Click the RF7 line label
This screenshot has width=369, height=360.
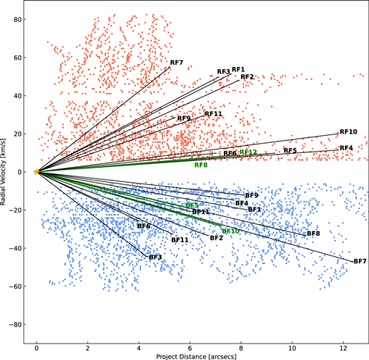point(176,62)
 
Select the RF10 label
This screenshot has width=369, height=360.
point(347,132)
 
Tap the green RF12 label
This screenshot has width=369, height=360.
point(248,152)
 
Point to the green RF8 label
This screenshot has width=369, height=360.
point(200,166)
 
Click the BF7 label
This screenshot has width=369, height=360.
point(360,262)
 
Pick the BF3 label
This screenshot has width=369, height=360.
point(155,257)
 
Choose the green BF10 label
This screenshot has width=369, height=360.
point(230,231)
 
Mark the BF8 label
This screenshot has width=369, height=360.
point(313,233)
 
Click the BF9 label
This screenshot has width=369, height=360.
point(251,195)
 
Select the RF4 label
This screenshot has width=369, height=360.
point(346,148)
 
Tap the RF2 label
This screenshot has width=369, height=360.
point(247,77)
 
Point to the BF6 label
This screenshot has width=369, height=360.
point(144,226)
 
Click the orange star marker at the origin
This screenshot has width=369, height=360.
point(36,171)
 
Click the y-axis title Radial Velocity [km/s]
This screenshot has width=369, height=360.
point(6,172)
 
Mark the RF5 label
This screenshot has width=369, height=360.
point(289,150)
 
